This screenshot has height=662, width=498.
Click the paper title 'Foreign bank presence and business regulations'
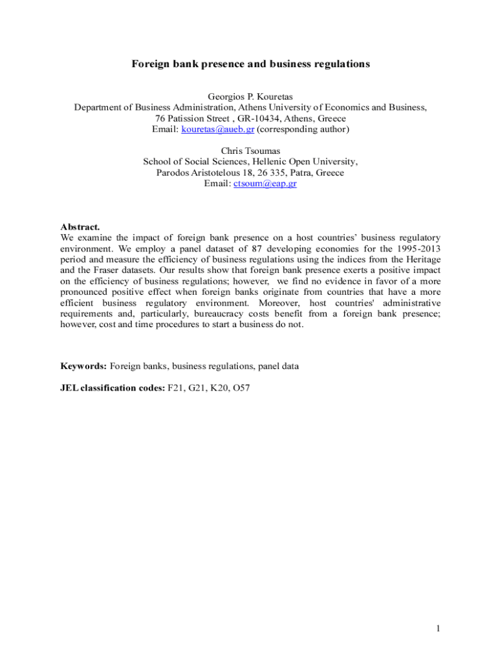pos(250,64)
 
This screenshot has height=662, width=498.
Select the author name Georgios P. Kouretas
pos(250,97)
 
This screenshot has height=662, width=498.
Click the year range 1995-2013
pos(411,248)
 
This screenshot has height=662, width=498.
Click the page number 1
pos(438,628)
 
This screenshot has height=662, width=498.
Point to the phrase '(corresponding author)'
pos(303,129)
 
